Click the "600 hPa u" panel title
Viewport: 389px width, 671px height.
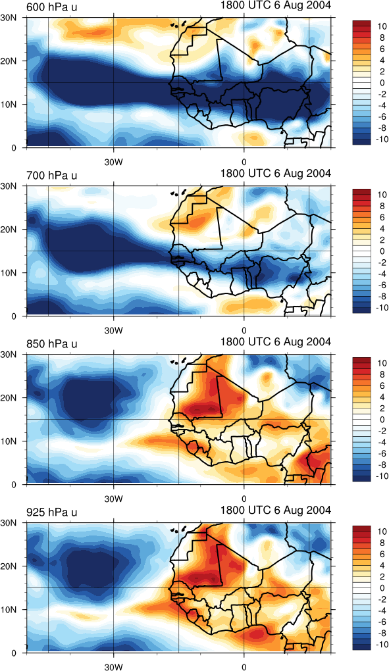pyautogui.click(x=52, y=7)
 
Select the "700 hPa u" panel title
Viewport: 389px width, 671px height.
pyautogui.click(x=52, y=176)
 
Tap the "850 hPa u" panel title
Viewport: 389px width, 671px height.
pyautogui.click(x=52, y=343)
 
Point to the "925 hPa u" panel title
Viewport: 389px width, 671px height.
pyautogui.click(x=52, y=512)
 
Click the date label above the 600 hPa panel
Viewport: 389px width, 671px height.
pyautogui.click(x=276, y=5)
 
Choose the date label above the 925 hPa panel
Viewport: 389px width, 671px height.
pyautogui.click(x=276, y=510)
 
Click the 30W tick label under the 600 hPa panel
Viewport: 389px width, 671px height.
pyautogui.click(x=113, y=162)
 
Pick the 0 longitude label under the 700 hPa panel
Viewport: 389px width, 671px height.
pyautogui.click(x=244, y=331)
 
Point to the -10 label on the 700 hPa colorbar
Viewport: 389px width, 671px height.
pyautogui.click(x=378, y=307)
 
